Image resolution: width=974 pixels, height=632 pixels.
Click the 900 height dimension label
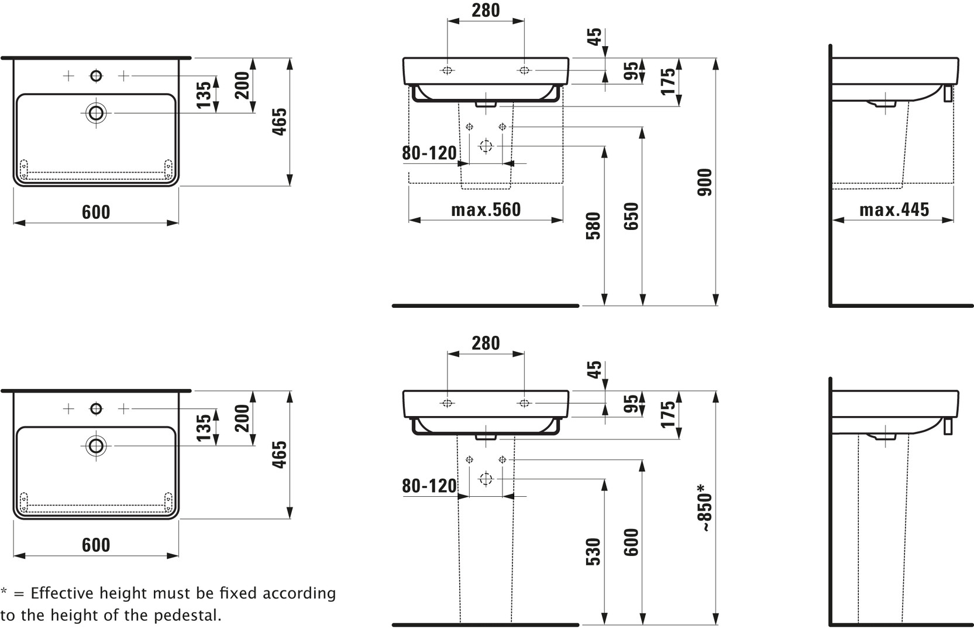tap(705, 182)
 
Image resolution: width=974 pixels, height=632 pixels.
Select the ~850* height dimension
tap(705, 508)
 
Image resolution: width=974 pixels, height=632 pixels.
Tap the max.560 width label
tap(486, 209)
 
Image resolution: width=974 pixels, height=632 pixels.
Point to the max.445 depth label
tap(894, 209)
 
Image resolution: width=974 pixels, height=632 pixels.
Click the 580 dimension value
tap(593, 226)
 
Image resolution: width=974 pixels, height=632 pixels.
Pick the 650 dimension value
tap(631, 216)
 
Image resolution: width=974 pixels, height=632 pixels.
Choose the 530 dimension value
tap(593, 551)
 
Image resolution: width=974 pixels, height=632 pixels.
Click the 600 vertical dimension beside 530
tap(631, 542)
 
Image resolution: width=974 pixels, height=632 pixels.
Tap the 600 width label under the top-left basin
tap(96, 212)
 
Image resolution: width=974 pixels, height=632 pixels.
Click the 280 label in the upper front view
tap(486, 11)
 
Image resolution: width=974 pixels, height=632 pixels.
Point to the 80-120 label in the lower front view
tap(429, 486)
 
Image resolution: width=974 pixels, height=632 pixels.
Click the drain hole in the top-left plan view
tap(96, 112)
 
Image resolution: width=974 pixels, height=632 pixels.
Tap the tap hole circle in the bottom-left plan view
tap(96, 408)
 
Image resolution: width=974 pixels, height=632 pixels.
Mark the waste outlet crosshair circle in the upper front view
tap(486, 146)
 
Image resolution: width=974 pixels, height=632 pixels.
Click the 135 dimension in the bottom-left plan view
tap(204, 427)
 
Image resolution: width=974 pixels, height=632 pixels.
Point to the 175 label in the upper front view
tap(668, 81)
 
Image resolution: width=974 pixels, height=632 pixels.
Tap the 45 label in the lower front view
tap(594, 370)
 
